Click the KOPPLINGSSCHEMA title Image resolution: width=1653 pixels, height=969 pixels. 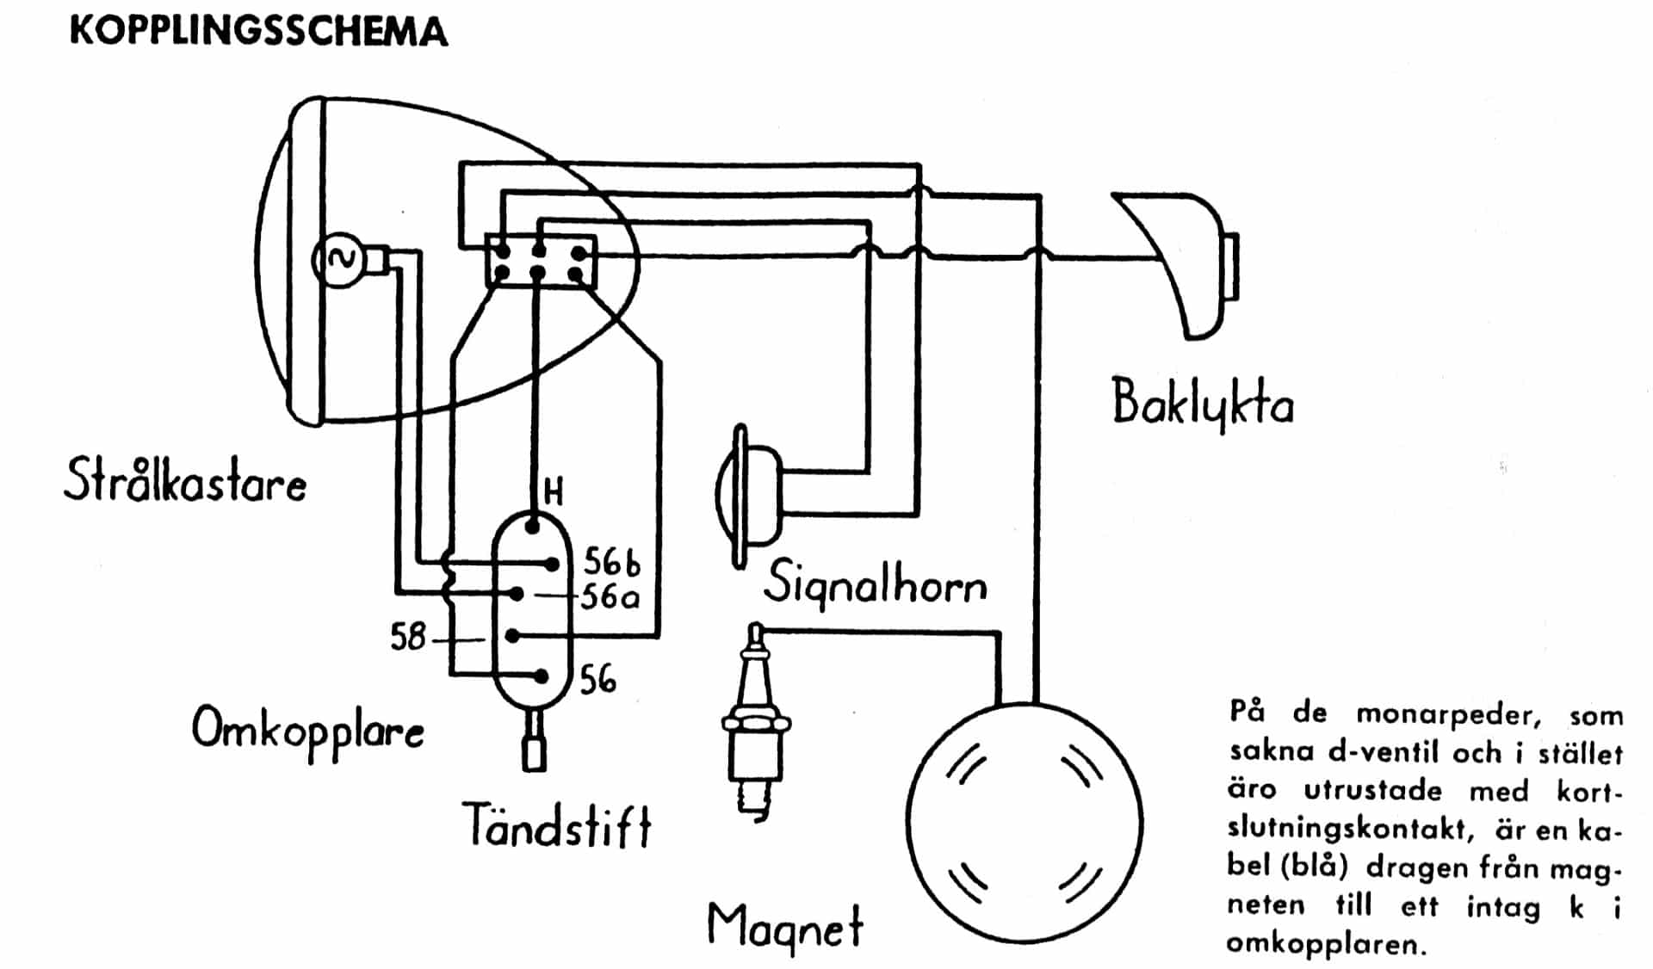258,32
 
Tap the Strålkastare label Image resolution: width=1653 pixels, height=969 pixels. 185,480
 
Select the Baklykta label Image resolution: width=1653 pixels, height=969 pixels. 1203,403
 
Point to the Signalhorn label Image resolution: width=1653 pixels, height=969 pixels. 875,583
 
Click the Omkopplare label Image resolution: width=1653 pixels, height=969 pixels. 307,731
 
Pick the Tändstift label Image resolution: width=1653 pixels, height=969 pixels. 557,824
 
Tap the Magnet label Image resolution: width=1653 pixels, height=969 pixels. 784,928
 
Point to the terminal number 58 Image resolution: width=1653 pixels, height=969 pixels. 408,637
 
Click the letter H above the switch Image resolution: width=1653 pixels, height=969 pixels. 554,492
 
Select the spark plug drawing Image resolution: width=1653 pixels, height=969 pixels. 756,721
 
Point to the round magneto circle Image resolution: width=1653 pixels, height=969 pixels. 1024,824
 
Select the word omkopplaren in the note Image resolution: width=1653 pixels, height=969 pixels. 1327,945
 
